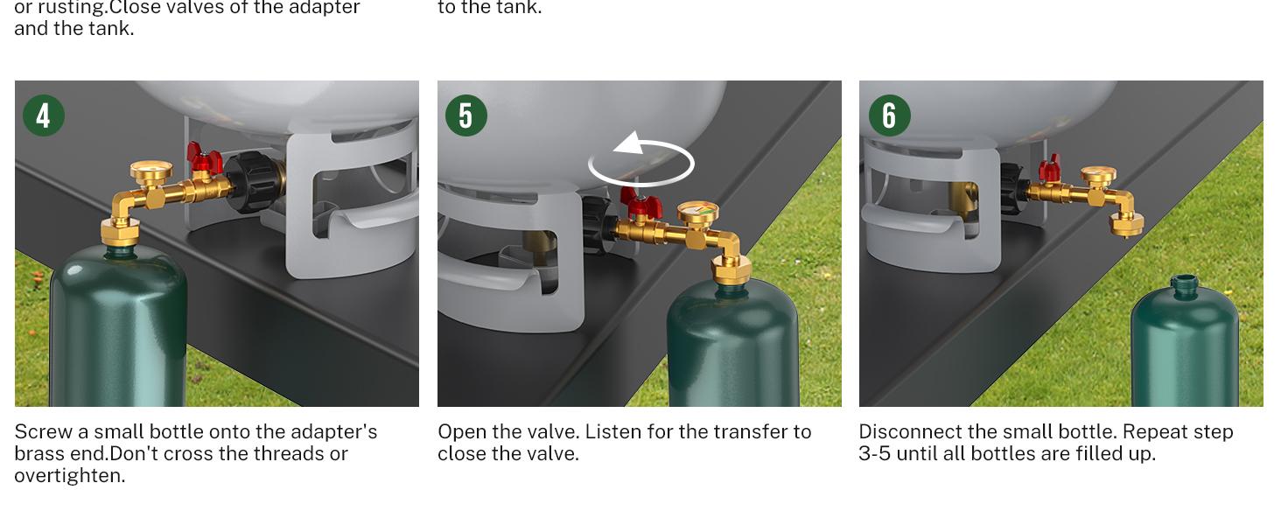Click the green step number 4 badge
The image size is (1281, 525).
[44, 115]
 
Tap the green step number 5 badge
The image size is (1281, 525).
[466, 115]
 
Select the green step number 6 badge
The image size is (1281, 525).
[889, 115]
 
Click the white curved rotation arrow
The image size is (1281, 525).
[641, 163]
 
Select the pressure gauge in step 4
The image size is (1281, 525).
[150, 171]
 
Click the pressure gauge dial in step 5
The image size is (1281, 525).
[697, 213]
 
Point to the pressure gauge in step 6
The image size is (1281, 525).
[1097, 177]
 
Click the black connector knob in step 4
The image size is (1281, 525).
[252, 182]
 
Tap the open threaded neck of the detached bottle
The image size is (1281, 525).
[1184, 283]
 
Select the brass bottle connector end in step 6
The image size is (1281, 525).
[1125, 224]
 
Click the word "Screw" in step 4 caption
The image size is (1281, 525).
[42, 432]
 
